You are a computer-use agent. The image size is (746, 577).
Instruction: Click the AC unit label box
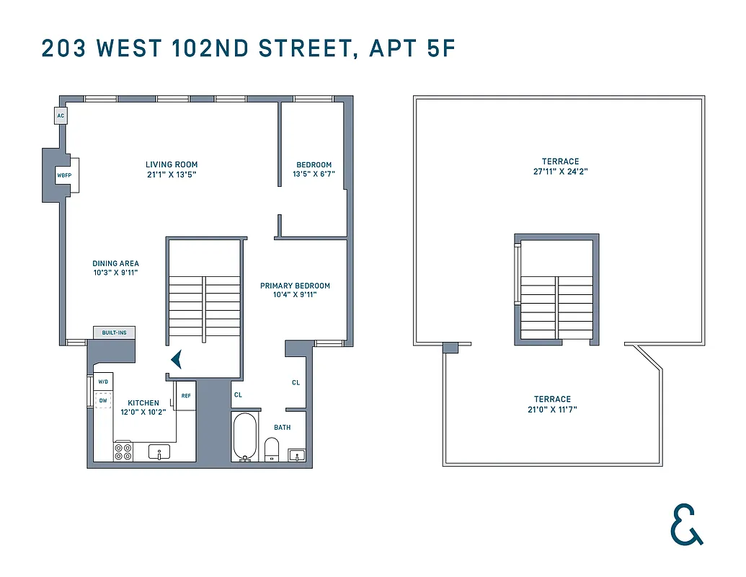click(x=61, y=115)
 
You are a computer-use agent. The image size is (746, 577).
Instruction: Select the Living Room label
click(x=171, y=164)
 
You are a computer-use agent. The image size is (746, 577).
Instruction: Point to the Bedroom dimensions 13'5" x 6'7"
click(x=313, y=175)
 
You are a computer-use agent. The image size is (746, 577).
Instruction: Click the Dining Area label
click(x=115, y=264)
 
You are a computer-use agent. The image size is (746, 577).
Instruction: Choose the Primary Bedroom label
click(x=295, y=286)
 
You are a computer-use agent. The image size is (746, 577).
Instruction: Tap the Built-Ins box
click(x=114, y=332)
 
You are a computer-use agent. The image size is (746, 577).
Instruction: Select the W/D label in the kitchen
click(x=103, y=382)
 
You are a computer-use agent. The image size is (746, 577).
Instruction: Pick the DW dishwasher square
click(x=103, y=400)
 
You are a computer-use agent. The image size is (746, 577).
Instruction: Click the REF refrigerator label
click(x=186, y=395)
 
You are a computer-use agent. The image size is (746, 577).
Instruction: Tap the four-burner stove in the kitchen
click(x=123, y=452)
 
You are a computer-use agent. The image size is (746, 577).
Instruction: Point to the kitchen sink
click(x=159, y=452)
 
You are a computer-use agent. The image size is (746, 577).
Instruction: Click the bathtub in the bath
click(x=244, y=436)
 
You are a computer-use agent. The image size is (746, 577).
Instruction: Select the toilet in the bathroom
click(x=272, y=449)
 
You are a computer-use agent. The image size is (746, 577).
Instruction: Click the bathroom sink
click(x=296, y=454)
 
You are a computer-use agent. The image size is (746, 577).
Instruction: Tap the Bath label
click(x=282, y=428)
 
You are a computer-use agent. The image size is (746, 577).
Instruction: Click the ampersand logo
click(x=685, y=524)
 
